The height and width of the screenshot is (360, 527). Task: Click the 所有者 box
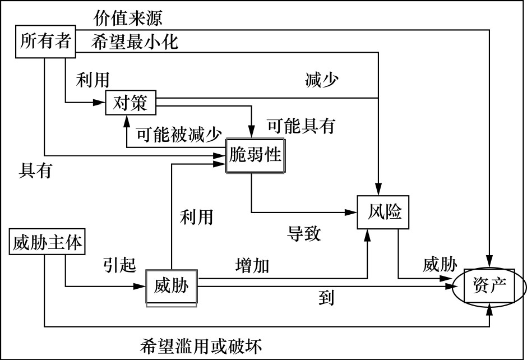pos(44,41)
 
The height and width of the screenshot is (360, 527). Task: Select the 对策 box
pos(130,104)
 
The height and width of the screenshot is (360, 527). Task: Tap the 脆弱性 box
pos(255,155)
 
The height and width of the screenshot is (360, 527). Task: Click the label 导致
pos(304,233)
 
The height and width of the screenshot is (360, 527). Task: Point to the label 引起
pos(119,264)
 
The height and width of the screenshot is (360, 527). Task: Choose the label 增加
pos(252,265)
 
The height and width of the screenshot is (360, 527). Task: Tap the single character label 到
pos(326,298)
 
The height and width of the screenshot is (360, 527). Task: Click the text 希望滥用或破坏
pos(201,344)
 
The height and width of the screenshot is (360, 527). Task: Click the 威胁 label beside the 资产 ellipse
pos(440,264)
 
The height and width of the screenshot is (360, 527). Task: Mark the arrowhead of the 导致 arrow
pos(353,213)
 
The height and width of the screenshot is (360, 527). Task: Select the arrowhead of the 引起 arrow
pos(141,287)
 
